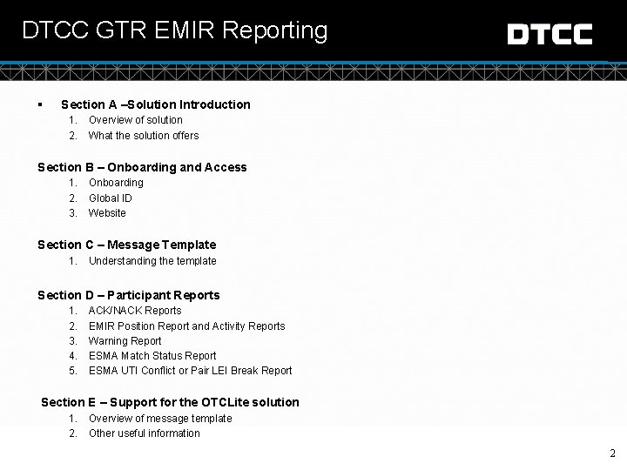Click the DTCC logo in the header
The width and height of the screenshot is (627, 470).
pos(549,35)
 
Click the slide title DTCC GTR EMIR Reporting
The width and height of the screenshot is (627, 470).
pos(175,31)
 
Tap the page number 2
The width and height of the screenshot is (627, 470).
pos(613,453)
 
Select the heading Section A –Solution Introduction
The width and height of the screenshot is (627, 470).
pos(155,104)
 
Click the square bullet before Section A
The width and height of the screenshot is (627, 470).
pos(41,104)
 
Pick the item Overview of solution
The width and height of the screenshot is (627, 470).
pos(136,120)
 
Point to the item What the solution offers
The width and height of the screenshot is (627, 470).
pos(144,136)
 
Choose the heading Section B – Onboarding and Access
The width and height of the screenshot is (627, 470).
pos(142,167)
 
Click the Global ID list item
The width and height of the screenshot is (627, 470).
pos(111,198)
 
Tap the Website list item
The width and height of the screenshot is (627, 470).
pos(107,213)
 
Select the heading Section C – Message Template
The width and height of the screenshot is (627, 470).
pos(126,245)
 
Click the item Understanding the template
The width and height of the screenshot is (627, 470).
pos(152,261)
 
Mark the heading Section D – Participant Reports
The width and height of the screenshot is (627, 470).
pos(128,295)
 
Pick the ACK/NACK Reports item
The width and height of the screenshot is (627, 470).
pos(135,311)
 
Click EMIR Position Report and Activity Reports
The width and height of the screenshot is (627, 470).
pos(186,326)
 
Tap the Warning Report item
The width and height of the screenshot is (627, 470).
pos(125,341)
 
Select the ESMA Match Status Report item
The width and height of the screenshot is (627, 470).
pos(152,356)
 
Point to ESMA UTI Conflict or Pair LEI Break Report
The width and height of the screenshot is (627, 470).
pos(190,371)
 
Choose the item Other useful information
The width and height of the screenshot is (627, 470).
pos(145,433)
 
